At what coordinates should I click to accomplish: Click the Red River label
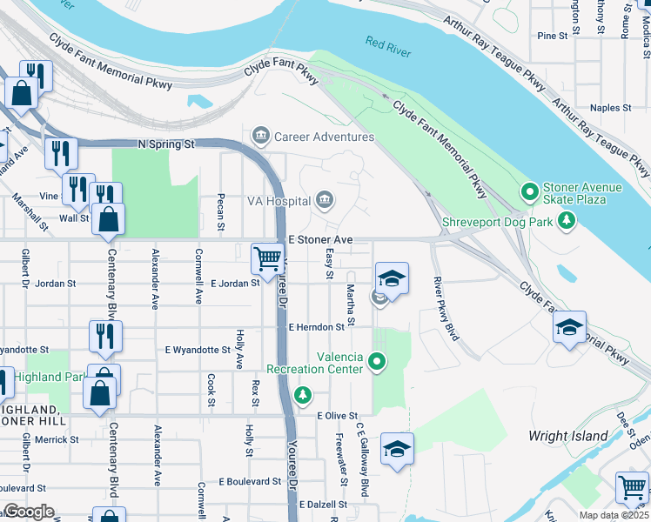point(388,47)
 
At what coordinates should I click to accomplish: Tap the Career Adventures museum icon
point(260,137)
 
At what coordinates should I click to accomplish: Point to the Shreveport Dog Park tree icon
point(567,220)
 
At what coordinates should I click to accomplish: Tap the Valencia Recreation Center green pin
point(377,359)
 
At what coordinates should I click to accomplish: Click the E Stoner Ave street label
point(319,238)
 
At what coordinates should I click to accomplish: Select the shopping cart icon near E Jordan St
point(267,258)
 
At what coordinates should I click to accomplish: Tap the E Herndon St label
point(316,327)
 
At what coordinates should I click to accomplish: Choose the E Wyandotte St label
point(198,350)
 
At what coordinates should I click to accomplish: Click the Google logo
point(28,512)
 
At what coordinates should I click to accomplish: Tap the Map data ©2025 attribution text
point(613,516)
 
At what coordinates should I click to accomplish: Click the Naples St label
point(610,108)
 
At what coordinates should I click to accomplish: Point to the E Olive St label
point(338,416)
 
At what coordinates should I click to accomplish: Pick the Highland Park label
point(49,377)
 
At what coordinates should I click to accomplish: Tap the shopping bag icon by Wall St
point(108,221)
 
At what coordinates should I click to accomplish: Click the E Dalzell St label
point(323,504)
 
